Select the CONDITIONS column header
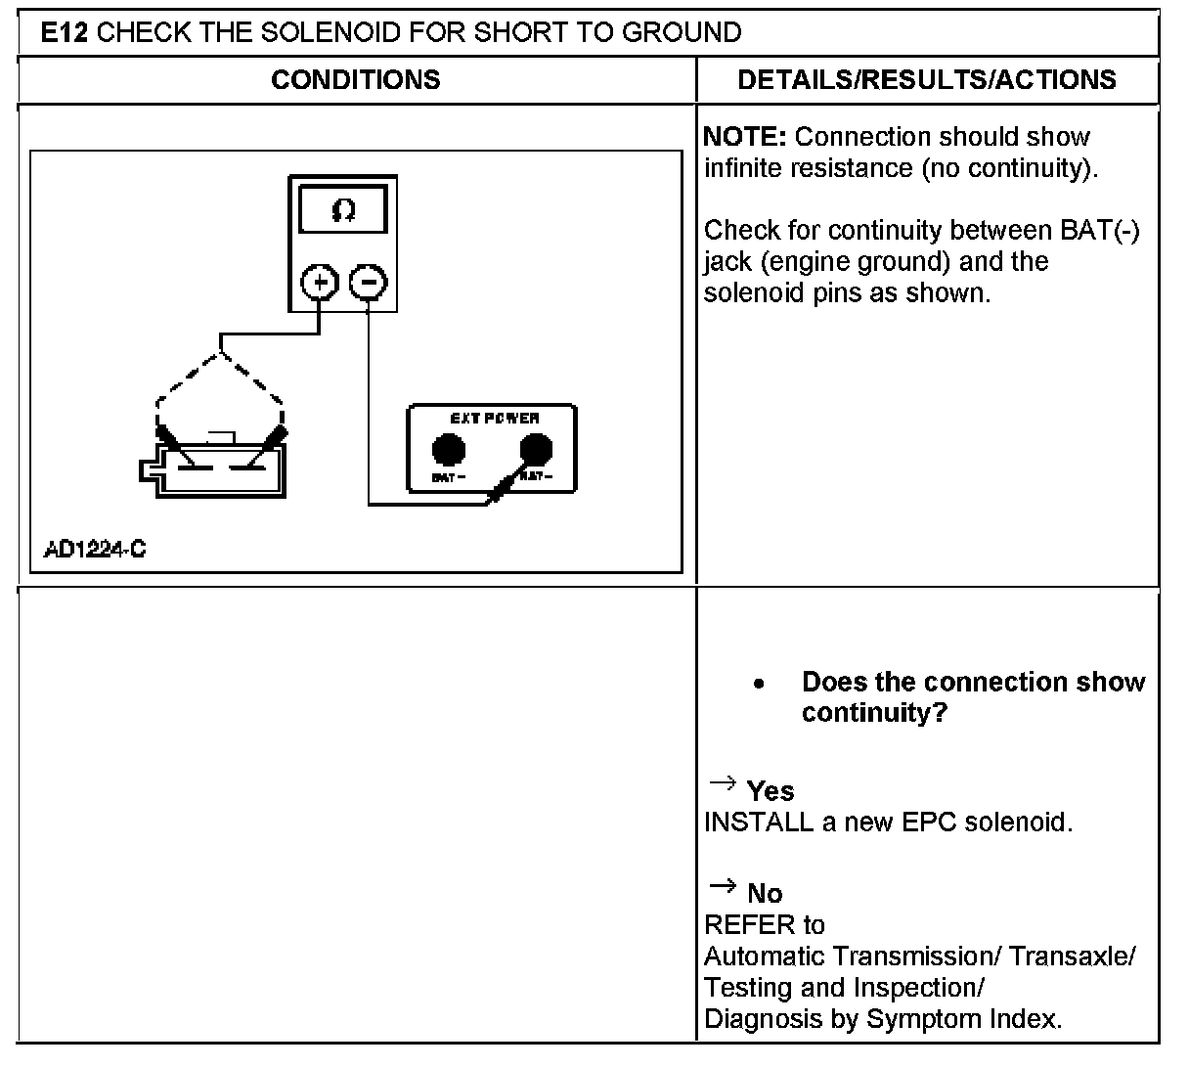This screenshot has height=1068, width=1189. coord(356,80)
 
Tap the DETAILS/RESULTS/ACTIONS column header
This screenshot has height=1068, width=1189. coord(927,80)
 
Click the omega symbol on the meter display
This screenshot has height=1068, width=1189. coord(343,211)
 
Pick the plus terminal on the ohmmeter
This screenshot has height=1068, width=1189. coord(319,284)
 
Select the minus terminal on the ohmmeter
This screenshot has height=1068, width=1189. coord(368,284)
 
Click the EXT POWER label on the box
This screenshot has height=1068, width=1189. coord(494,419)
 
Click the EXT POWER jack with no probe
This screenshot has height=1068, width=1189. coord(449,450)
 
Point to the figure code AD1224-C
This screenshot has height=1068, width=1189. coord(95,549)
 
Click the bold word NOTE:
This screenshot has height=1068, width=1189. coord(748,137)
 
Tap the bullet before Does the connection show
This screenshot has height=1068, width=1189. coord(760,684)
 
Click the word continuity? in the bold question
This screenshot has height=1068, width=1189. coord(874,713)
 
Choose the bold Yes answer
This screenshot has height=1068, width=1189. coord(771,791)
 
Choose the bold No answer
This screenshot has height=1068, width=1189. coord(765,893)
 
